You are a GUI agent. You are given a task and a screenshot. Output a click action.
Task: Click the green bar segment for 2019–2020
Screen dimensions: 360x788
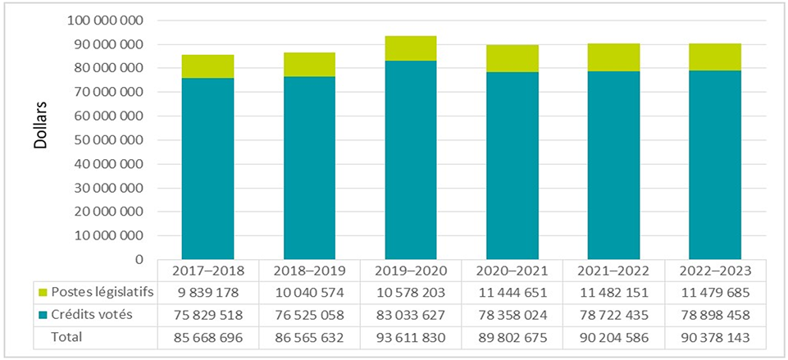coord(411,48)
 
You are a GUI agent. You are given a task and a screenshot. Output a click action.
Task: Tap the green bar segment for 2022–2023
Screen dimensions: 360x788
coord(715,57)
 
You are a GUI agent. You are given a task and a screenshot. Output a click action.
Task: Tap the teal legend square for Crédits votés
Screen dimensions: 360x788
coord(42,315)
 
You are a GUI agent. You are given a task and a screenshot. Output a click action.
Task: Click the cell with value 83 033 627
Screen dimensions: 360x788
coord(411,315)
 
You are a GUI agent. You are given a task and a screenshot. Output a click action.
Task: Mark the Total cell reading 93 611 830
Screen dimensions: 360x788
coord(411,336)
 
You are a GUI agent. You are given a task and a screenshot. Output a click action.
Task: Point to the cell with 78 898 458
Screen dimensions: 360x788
coord(715,315)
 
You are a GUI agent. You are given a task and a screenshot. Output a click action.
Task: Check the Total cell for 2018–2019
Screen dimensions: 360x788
coord(309,336)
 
